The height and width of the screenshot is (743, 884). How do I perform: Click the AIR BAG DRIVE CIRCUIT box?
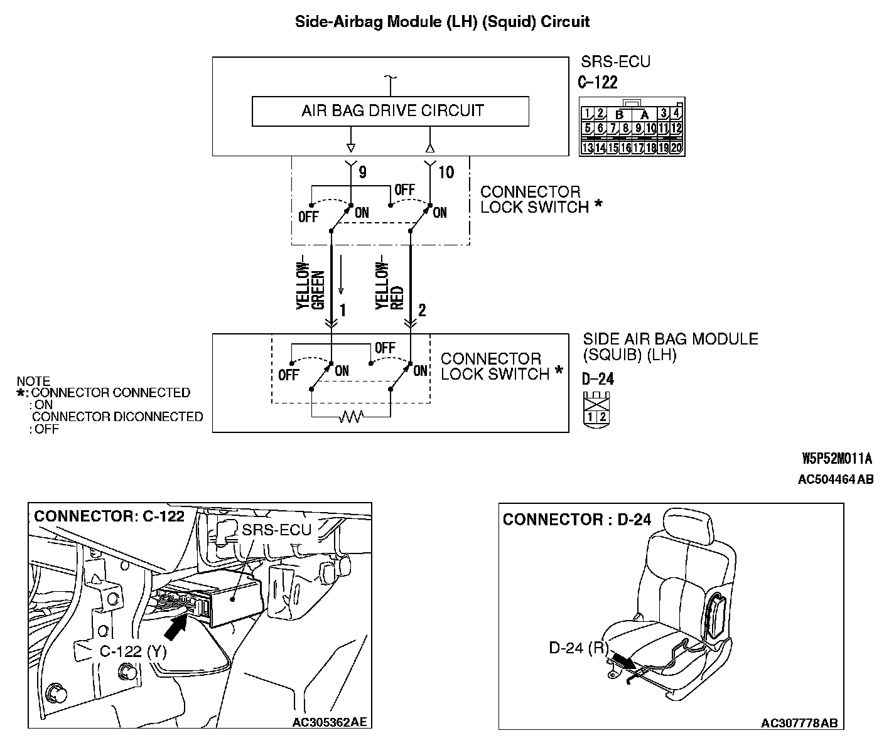pos(390,111)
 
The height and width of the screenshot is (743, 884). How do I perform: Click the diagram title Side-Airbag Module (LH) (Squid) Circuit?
pos(442,22)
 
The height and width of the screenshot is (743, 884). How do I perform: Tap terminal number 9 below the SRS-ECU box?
pos(362,173)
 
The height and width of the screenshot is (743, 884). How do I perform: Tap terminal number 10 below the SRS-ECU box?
pos(446,173)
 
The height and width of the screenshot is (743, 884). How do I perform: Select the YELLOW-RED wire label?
pos(389,286)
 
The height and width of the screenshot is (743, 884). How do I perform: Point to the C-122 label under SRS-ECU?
pos(597,82)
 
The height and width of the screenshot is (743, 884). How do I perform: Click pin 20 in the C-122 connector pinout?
pos(676,149)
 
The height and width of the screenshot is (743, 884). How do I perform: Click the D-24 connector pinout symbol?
pos(596,409)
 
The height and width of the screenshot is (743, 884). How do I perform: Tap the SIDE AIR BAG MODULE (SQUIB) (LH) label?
pos(670,346)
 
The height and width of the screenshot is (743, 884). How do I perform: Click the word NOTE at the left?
pos(33,381)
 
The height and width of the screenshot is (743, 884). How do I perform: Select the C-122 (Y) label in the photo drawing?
pos(133,651)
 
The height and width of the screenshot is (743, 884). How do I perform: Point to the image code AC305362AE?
pos(330,722)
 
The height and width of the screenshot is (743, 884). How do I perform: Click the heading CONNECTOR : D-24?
pos(577,520)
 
